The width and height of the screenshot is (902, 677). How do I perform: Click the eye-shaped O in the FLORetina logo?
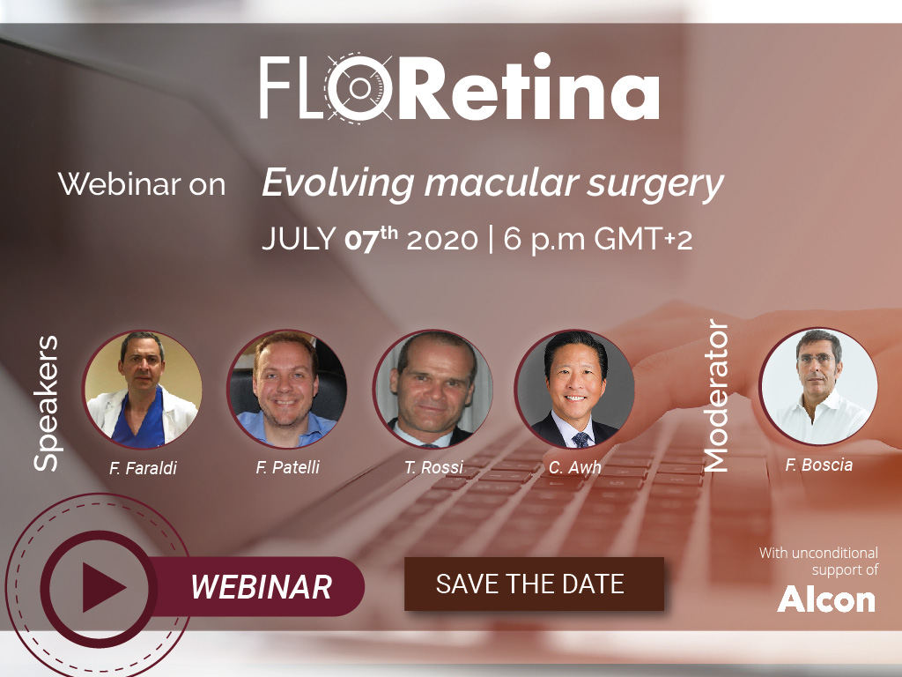pos(359,87)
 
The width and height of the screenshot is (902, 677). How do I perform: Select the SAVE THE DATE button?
pos(534,584)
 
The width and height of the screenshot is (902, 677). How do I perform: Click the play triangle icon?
pos(104,587)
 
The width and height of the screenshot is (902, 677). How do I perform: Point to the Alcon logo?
pos(826,599)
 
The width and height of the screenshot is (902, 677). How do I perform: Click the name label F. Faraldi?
pos(143,468)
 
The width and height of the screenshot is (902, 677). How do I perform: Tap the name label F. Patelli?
pos(288,467)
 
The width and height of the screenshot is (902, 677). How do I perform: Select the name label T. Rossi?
pos(433,467)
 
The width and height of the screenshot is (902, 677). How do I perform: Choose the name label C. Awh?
pos(574,467)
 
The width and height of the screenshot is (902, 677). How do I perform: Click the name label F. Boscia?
pos(818,465)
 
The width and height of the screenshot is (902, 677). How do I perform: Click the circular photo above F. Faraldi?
pos(142,390)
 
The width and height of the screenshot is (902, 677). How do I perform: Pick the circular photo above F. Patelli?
pos(287,389)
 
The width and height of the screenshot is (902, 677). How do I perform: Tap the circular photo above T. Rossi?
pos(433,390)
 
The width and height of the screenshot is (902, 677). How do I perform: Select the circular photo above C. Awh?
pos(574,389)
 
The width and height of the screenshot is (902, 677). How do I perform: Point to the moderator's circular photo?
pos(818,387)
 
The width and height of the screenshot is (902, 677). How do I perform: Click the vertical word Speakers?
pos(46,403)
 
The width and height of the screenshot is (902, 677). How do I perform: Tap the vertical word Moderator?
pos(716,396)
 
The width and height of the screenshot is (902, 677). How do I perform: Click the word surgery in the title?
pos(655,185)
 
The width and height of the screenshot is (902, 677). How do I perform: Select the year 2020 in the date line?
pos(442,239)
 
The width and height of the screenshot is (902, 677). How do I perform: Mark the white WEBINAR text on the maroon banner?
pos(261,587)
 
